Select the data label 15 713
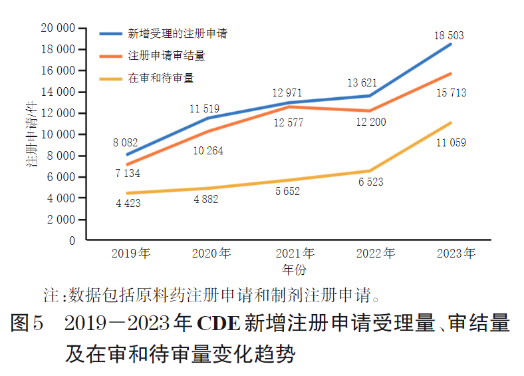point(451,93)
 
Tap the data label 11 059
point(451,142)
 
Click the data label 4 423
point(128,203)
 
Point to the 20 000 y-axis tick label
point(57,28)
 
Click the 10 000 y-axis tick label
point(57,134)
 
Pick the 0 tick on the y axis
point(72,241)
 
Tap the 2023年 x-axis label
point(456,254)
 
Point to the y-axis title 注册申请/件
point(31,136)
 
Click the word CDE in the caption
point(219,324)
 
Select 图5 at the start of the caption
point(27,324)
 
